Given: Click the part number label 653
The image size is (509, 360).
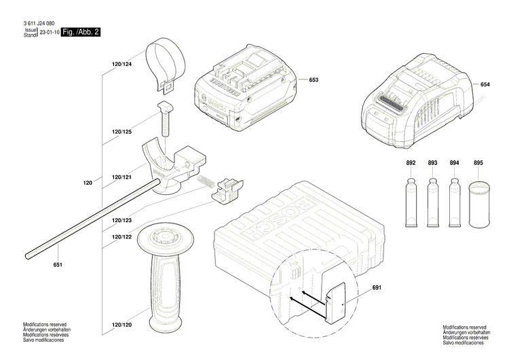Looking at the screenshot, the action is pyautogui.click(x=314, y=80).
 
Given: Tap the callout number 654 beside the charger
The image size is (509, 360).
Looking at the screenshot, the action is pyautogui.click(x=485, y=84).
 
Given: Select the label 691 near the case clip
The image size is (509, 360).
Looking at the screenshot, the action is pyautogui.click(x=377, y=287).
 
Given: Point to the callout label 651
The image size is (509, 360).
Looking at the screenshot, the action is pyautogui.click(x=58, y=265).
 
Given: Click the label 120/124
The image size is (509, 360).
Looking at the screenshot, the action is pyautogui.click(x=121, y=65).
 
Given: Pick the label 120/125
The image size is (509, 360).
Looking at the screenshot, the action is pyautogui.click(x=121, y=132).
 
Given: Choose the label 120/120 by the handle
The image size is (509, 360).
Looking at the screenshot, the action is pyautogui.click(x=121, y=325).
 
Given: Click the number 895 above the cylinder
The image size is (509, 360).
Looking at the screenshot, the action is pyautogui.click(x=478, y=163).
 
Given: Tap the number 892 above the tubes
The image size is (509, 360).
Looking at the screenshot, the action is pyautogui.click(x=411, y=163).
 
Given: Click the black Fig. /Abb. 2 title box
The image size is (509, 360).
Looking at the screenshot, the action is pyautogui.click(x=81, y=32).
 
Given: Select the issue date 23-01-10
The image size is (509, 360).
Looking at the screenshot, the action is pyautogui.click(x=50, y=33).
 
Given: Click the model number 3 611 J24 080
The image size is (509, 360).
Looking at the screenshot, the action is pyautogui.click(x=39, y=23).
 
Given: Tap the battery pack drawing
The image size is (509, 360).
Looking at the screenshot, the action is pyautogui.click(x=245, y=88).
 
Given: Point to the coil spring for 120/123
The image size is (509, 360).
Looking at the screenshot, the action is pyautogui.click(x=206, y=181).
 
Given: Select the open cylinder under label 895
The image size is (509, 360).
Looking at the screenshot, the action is pyautogui.click(x=479, y=204).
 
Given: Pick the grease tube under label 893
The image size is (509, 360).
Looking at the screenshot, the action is pyautogui.click(x=432, y=202).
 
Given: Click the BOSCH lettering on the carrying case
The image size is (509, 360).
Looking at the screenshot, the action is pyautogui.click(x=277, y=220).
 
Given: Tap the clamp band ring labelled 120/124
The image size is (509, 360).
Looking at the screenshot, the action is pyautogui.click(x=165, y=64).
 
